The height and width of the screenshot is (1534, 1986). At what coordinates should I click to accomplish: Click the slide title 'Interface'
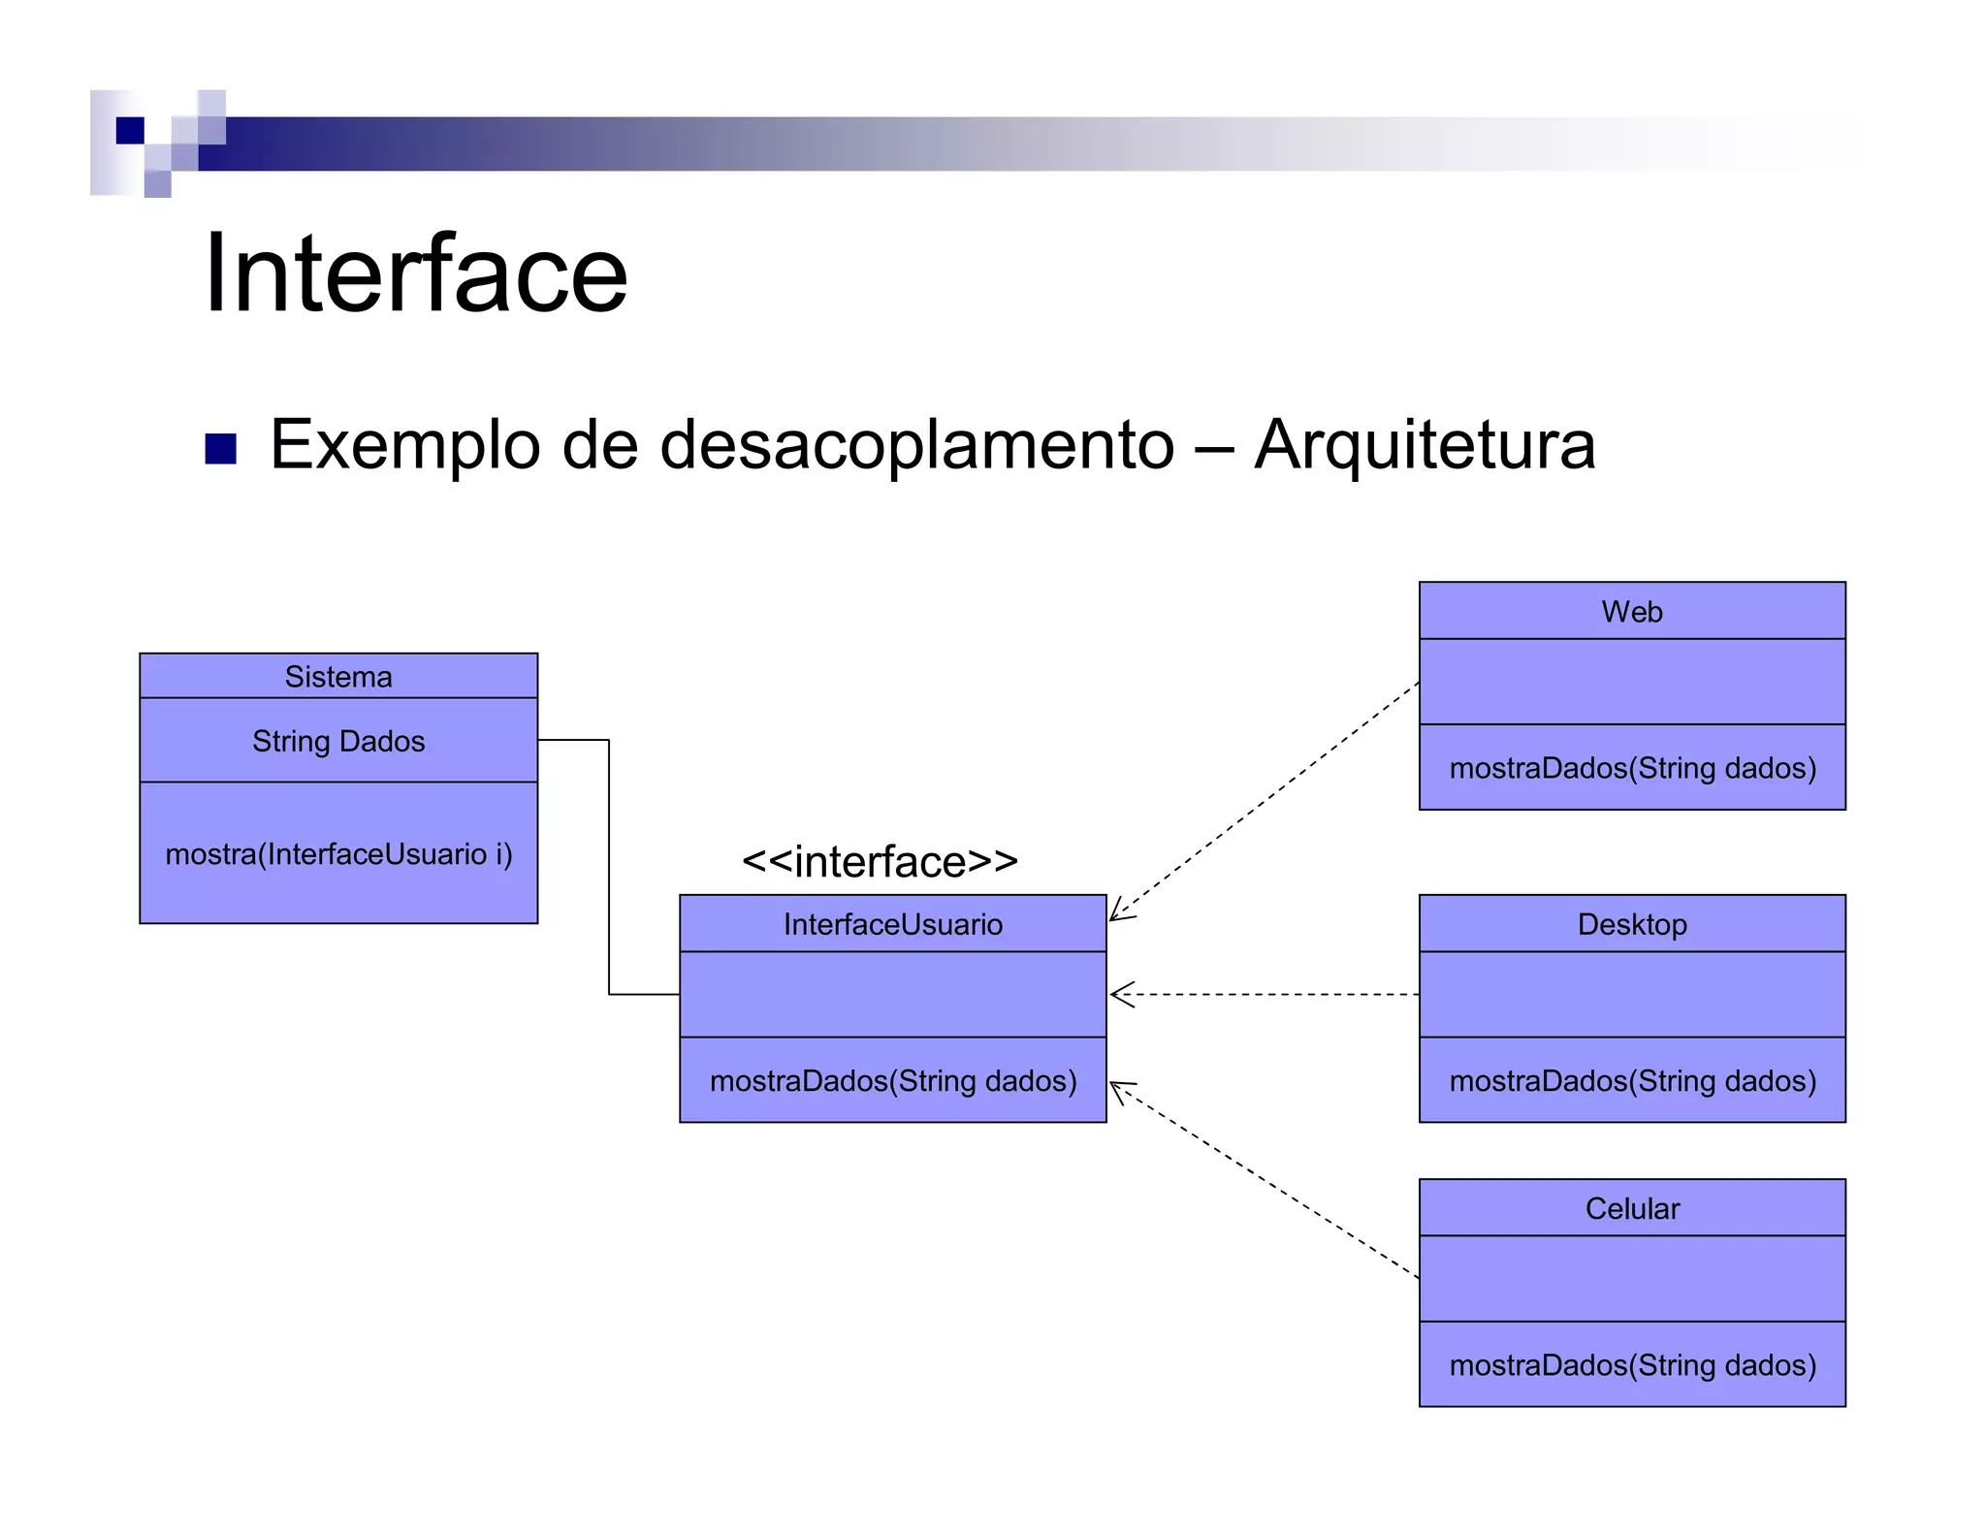416,274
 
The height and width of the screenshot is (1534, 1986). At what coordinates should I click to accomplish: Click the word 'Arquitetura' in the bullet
1425,445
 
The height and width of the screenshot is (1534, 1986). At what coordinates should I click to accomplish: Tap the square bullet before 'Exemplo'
221,449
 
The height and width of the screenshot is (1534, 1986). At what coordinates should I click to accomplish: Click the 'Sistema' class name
338,677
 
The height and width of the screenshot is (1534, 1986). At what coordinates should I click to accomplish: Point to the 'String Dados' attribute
338,742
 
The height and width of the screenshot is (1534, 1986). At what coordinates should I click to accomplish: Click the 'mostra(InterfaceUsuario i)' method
338,854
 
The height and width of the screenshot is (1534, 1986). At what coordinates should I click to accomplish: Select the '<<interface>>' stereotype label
880,862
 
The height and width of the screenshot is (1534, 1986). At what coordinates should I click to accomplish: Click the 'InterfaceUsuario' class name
892,925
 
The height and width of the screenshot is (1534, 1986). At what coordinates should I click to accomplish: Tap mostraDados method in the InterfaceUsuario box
892,1081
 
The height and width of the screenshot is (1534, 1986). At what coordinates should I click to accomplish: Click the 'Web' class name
1632,612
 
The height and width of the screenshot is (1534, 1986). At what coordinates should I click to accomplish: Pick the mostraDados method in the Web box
1632,769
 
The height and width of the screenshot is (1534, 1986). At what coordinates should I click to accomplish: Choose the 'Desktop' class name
1632,925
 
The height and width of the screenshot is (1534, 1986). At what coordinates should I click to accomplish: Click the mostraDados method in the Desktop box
1632,1081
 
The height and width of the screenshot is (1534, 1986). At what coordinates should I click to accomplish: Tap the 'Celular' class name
1632,1209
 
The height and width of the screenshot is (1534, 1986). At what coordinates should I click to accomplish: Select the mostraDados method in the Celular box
1632,1365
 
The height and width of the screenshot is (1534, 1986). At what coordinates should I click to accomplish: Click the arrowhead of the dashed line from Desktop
1117,995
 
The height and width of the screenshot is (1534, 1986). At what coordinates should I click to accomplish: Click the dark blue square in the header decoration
130,130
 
